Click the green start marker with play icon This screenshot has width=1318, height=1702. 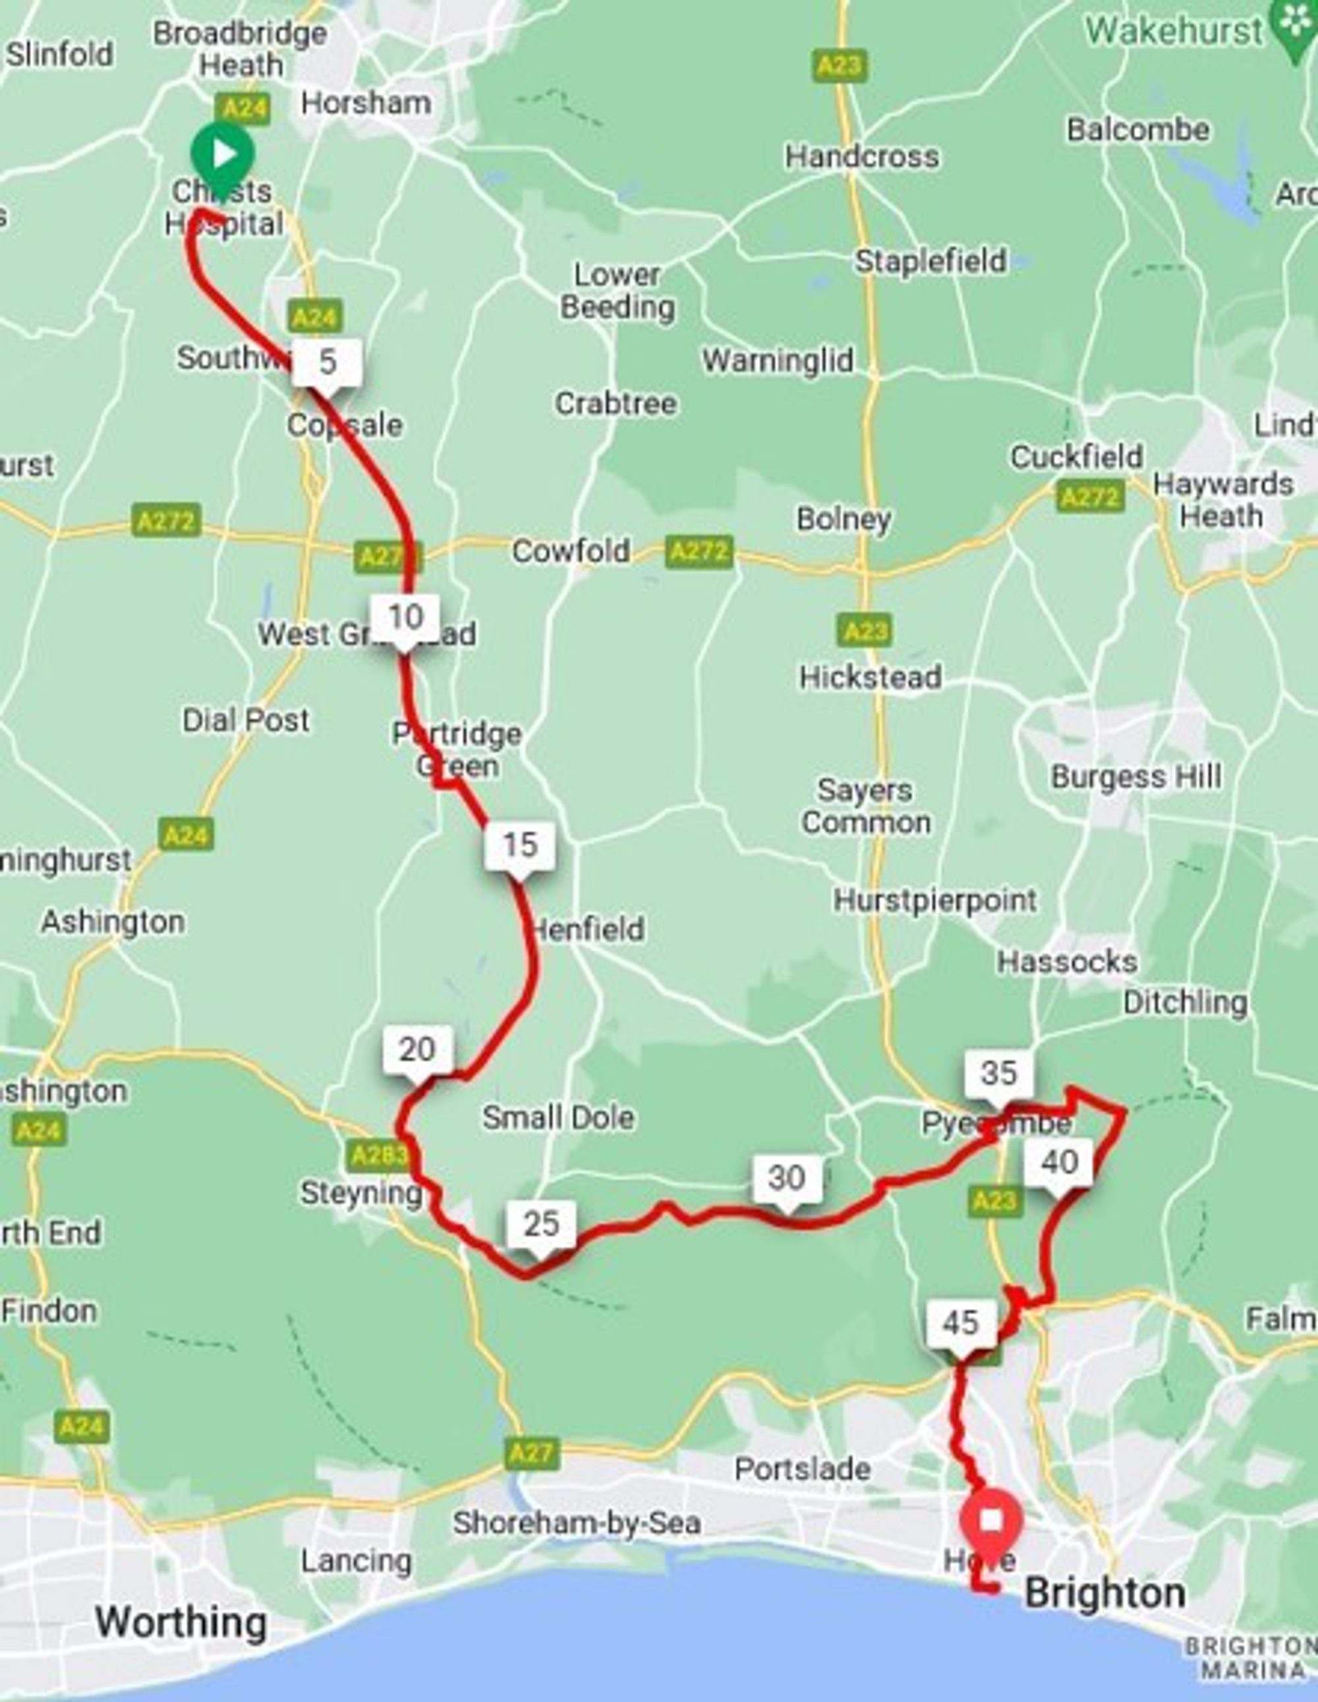pos(223,154)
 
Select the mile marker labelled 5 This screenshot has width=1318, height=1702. pos(327,361)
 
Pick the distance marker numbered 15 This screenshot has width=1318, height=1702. pos(519,845)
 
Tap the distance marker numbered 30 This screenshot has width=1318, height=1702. pos(787,1178)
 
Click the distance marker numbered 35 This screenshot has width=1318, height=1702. pos(1000,1073)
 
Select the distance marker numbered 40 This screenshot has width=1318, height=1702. pos(1060,1162)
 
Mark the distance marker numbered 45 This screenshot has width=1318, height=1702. pos(960,1322)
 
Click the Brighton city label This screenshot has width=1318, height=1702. pos(1104,1593)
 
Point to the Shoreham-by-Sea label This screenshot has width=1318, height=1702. pos(577,1522)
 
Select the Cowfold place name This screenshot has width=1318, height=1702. pos(571,551)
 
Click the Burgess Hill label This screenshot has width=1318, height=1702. pos(1135,775)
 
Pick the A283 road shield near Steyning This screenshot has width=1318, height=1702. pos(377,1155)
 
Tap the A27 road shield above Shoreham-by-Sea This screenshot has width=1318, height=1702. pos(533,1452)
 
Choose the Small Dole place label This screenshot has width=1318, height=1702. pos(558,1118)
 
